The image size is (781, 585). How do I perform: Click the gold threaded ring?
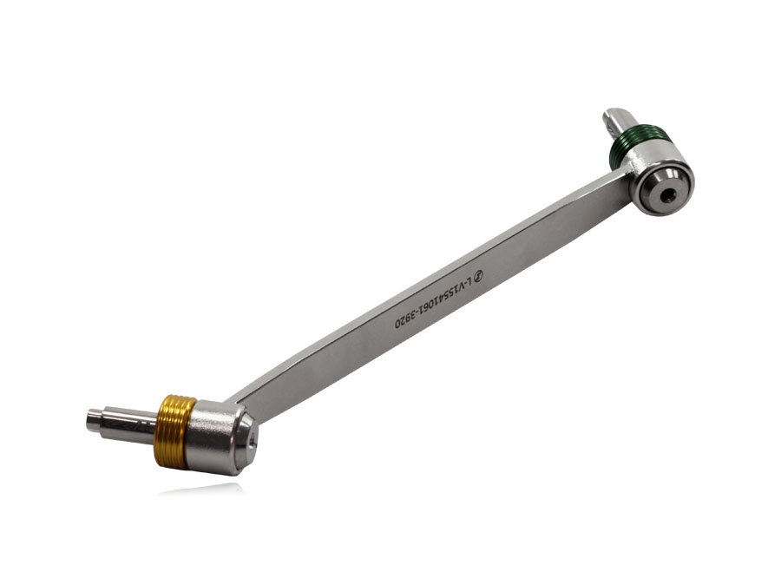(174, 431)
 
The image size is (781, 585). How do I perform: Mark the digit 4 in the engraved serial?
(442, 297)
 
